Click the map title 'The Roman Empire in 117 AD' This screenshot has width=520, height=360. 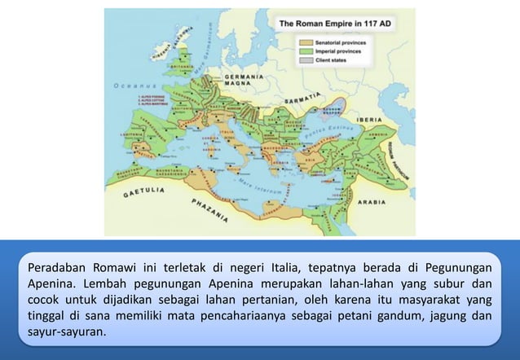point(336,24)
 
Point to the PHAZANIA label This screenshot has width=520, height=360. point(209,209)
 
